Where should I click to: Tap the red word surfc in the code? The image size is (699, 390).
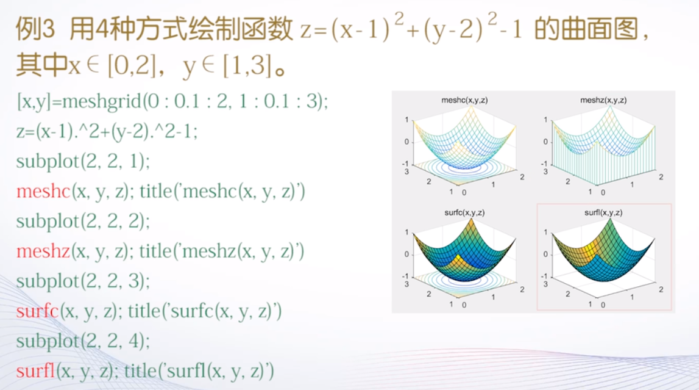click(37, 311)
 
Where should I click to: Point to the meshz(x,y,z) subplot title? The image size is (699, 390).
click(603, 100)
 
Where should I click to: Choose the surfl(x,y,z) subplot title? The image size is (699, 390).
click(603, 212)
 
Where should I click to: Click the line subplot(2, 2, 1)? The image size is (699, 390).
click(83, 162)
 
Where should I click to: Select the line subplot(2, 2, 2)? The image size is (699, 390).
click(83, 221)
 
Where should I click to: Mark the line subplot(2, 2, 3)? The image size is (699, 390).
click(83, 281)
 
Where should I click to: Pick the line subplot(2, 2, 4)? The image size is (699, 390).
click(83, 340)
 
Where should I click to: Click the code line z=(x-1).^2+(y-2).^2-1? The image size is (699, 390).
click(107, 132)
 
